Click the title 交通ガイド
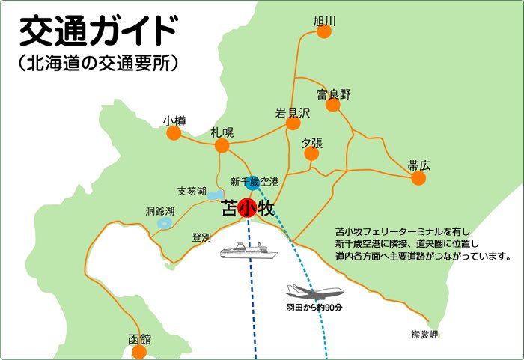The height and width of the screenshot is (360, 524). click(98, 31)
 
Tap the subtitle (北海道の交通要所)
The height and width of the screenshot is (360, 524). click(98, 64)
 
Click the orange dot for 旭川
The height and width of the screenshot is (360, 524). click(324, 31)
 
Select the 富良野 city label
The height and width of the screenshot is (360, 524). click(334, 94)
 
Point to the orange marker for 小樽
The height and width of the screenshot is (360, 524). click(174, 133)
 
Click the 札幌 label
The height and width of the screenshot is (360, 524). click(222, 132)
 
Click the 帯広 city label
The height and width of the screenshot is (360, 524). click(419, 165)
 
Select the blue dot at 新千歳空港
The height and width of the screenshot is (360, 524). click(254, 182)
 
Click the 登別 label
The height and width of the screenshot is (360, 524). click(201, 237)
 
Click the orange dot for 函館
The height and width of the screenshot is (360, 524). click(139, 351)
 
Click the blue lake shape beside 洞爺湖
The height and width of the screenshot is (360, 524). click(164, 223)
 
